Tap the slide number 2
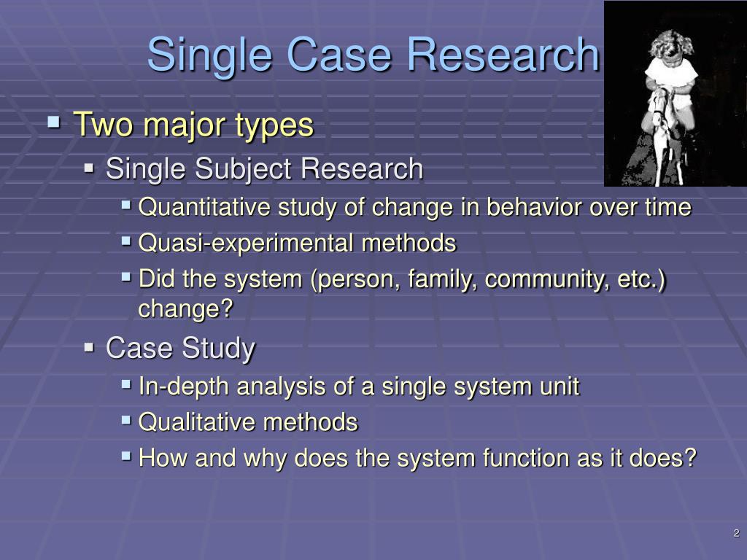point(737,533)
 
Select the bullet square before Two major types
point(54,122)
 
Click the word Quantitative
point(204,208)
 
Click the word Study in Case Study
point(219,349)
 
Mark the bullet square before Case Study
point(89,347)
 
